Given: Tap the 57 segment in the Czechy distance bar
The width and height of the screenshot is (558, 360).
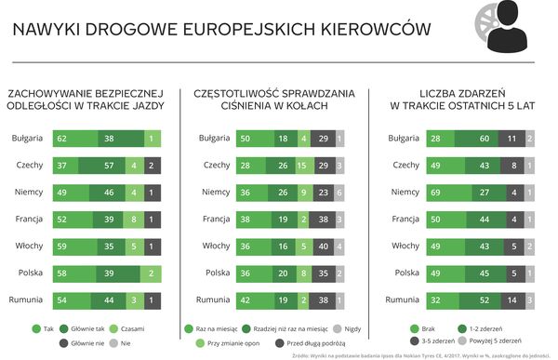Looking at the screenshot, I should pyautogui.click(x=108, y=166).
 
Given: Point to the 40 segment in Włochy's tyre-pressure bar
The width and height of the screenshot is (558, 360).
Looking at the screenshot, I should pyautogui.click(x=321, y=247).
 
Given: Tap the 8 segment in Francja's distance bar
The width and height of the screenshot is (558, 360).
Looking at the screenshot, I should pyautogui.click(x=136, y=220).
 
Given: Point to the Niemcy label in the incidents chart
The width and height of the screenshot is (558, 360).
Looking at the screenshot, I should pyautogui.click(x=405, y=193).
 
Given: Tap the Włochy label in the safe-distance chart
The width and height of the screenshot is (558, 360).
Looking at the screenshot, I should pyautogui.click(x=31, y=247).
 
